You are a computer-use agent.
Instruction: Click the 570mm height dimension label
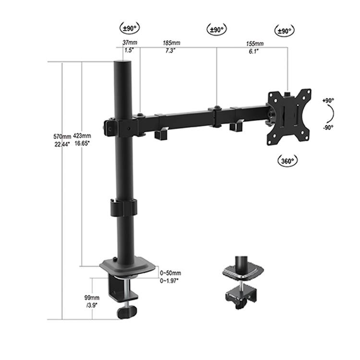(62, 136)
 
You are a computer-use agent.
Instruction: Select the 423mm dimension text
(83, 136)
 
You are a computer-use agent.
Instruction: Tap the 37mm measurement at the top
(128, 43)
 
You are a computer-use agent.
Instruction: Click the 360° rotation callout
(287, 161)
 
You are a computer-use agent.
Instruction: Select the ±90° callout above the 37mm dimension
(128, 28)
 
